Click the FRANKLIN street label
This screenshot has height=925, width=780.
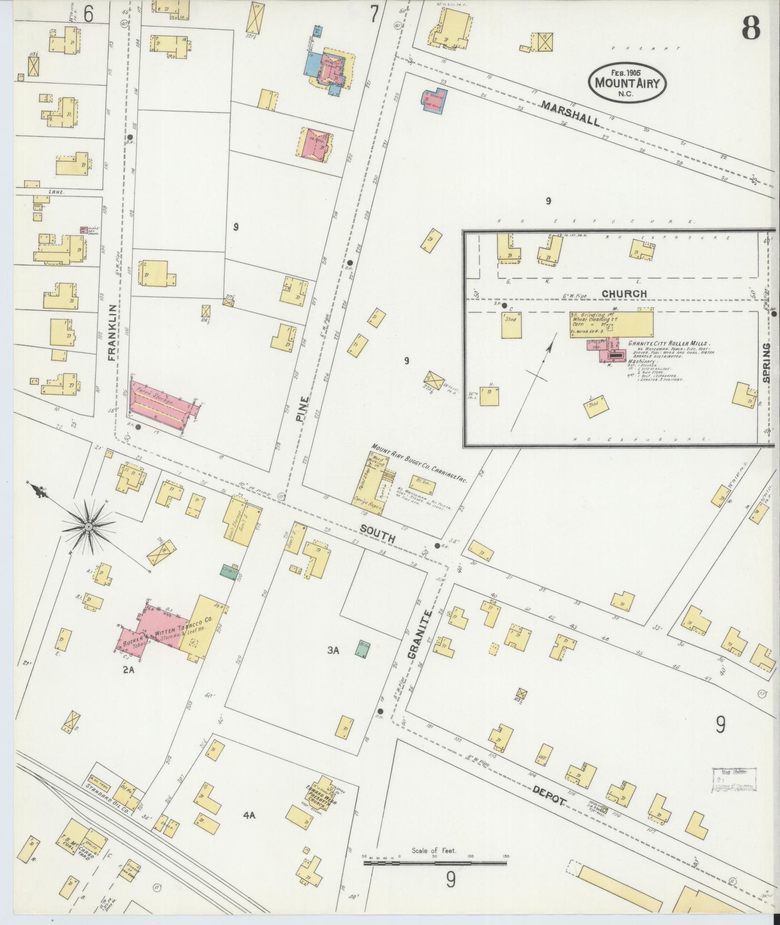pos(112,333)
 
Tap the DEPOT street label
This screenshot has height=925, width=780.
pos(549,799)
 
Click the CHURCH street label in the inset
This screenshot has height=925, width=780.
pos(624,294)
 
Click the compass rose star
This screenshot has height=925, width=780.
pos(89,527)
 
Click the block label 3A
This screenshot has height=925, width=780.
pos(333,650)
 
